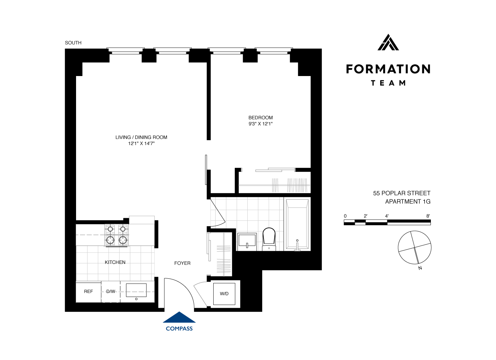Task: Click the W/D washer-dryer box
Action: pos(224,294)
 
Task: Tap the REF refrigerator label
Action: pos(88,292)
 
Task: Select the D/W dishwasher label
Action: pos(111,292)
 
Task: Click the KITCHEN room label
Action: pos(115,262)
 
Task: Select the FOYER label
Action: pos(182,263)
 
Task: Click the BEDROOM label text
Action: pos(261,118)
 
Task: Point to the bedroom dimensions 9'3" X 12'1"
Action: pos(261,124)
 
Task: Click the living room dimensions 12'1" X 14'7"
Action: pos(141,143)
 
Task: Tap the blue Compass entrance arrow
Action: pos(179,317)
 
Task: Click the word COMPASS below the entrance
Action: pos(179,329)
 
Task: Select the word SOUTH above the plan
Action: pos(73,43)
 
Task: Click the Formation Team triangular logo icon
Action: pos(388,42)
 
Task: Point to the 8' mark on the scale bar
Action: pos(428,216)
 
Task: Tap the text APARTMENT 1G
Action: pos(408,201)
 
